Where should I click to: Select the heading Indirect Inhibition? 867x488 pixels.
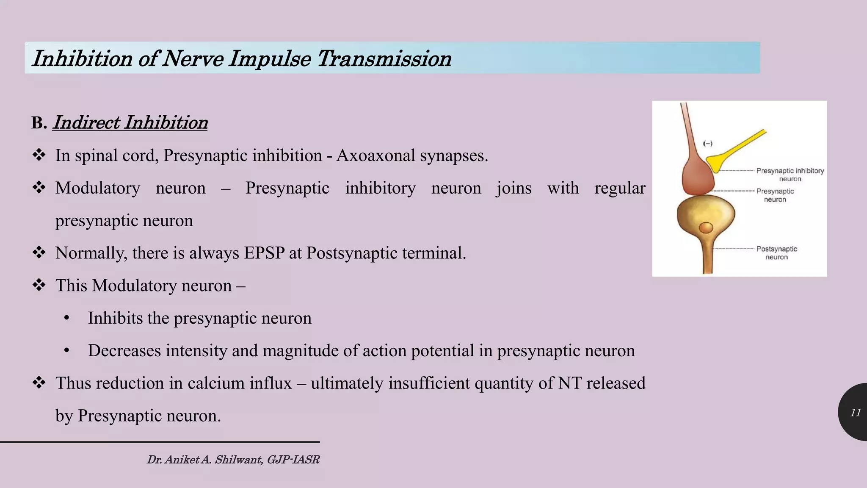(x=130, y=123)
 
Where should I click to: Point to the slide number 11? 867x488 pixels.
(x=855, y=413)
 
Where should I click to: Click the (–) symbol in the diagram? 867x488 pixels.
(x=707, y=144)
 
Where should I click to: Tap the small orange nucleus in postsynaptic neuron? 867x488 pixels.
(x=706, y=228)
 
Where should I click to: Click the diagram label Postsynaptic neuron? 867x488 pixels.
(x=776, y=253)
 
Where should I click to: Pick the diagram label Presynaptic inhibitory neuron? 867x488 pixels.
(x=790, y=174)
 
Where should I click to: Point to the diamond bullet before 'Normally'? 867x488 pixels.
(x=39, y=253)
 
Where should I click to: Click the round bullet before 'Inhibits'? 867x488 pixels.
(x=66, y=319)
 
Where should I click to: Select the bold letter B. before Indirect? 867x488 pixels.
(x=39, y=123)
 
